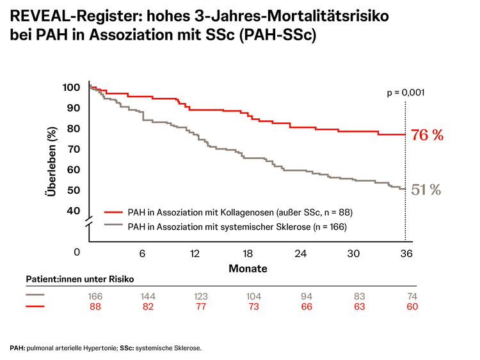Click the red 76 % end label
(427, 135)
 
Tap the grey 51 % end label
(426, 189)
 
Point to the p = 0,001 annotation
(406, 93)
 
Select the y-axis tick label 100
(72, 88)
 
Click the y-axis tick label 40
(74, 211)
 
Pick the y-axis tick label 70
(74, 149)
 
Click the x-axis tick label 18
(248, 253)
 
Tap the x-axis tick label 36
(406, 253)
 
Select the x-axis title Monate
(248, 268)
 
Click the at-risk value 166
(95, 296)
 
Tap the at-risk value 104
(253, 296)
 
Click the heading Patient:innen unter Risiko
(80, 280)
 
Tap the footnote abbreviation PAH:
(17, 348)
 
